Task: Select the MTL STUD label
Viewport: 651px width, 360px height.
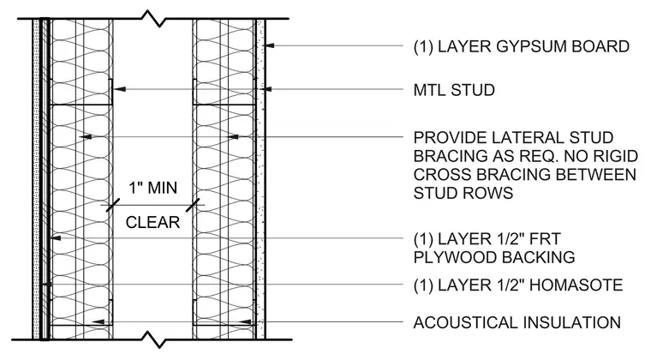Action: tap(454, 90)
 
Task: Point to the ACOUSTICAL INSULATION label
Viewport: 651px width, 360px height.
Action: tap(517, 322)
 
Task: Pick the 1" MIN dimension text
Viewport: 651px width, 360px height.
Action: tap(152, 188)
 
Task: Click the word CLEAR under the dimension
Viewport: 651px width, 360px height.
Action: tap(152, 223)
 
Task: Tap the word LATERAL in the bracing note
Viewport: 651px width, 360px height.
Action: tap(525, 137)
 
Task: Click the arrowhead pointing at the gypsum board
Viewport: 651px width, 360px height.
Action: tap(270, 45)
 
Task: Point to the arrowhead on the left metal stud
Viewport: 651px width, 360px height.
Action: tap(119, 89)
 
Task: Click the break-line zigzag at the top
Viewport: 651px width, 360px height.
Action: tap(153, 19)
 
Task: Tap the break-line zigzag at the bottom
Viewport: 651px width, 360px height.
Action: tap(153, 339)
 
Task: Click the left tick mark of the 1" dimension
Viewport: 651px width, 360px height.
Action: tap(113, 205)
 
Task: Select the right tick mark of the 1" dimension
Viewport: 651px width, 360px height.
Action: tap(193, 205)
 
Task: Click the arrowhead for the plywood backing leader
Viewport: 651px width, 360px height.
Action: tap(55, 238)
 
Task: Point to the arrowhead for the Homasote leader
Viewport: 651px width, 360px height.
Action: tap(46, 285)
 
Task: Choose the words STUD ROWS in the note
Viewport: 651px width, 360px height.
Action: tap(463, 193)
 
